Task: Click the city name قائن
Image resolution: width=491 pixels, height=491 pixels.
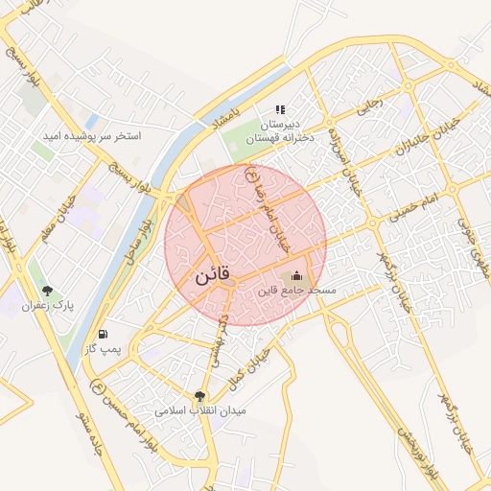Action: pos(212,275)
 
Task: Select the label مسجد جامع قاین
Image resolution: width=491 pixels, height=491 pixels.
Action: pos(294,290)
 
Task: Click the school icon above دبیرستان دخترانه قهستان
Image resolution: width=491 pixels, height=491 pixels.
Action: pos(281,110)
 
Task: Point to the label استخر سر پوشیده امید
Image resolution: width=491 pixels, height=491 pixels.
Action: pos(90,136)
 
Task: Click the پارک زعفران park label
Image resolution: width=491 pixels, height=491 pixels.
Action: pos(51,305)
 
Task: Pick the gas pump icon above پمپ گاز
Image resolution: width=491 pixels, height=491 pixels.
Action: pos(103,335)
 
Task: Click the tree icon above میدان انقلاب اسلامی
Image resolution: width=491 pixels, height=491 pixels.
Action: pos(199,395)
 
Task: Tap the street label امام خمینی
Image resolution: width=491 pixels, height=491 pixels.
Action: pos(413,208)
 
